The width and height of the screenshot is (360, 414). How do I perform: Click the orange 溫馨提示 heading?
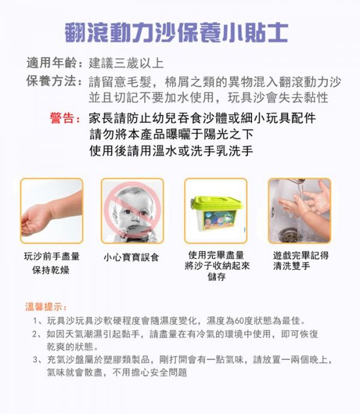click(46, 307)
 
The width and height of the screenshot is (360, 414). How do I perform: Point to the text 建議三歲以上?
click(125, 63)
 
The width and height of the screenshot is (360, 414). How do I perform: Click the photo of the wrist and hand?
click(51, 211)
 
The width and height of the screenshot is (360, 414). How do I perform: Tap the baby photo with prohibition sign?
click(132, 211)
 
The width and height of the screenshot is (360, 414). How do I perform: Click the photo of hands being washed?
click(299, 211)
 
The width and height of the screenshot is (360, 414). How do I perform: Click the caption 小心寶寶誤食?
click(132, 257)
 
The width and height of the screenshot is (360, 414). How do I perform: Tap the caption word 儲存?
click(217, 277)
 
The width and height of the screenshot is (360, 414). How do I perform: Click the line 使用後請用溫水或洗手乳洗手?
click(170, 151)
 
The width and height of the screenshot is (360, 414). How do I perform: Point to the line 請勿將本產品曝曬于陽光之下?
click(170, 134)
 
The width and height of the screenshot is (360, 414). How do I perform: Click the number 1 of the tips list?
click(37, 320)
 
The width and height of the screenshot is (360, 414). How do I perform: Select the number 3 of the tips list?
click(37, 360)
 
